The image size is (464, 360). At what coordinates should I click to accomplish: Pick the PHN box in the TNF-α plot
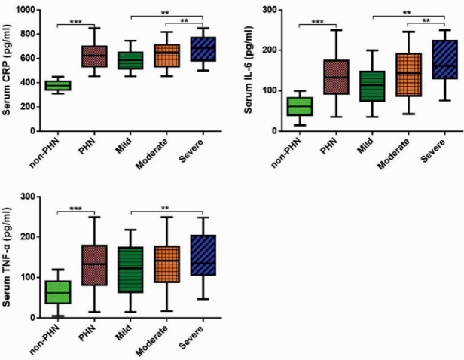94,264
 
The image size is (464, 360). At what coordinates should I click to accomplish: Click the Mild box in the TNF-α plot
131,269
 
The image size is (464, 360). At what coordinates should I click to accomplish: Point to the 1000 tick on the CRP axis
28,10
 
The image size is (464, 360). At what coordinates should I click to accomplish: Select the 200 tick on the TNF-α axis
31,236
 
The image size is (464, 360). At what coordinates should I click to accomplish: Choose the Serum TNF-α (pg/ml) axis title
8,257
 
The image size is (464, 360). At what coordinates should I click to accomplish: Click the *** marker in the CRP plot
75,21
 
